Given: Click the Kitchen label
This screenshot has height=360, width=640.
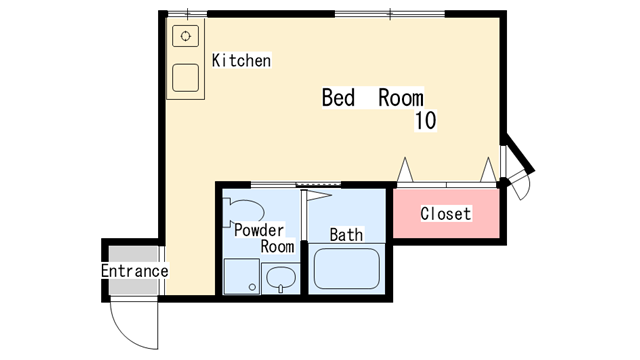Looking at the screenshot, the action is point(241,60).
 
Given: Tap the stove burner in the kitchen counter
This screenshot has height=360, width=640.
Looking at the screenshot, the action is point(186,36).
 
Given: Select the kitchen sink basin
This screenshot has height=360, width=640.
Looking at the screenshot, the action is point(186,78).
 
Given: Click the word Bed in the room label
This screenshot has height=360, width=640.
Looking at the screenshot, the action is point(338,98).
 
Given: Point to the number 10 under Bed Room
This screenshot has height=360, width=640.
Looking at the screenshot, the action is point(425,120).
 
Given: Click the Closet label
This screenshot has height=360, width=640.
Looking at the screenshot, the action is point(446,213).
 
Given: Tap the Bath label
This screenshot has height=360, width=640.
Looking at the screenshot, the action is point(346,235).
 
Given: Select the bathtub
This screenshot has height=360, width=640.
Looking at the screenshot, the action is point(347,269).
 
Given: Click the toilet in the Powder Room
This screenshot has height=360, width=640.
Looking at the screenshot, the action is point(244,212).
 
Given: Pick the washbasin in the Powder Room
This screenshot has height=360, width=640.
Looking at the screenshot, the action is point(281,278).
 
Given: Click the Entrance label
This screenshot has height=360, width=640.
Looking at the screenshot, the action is point(135,271).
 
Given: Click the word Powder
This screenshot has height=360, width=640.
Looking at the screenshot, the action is point(259,231).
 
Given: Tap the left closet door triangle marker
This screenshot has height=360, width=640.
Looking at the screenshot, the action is point(405,170).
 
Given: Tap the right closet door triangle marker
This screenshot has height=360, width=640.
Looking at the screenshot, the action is point(488,170).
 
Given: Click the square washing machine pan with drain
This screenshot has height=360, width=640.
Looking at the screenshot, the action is point(242,276).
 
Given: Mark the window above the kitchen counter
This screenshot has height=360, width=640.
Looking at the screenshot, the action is point(187,14).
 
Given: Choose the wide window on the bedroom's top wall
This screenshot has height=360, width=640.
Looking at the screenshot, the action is point(390,14).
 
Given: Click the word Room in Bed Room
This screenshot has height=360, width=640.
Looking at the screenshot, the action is point(401,98).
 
